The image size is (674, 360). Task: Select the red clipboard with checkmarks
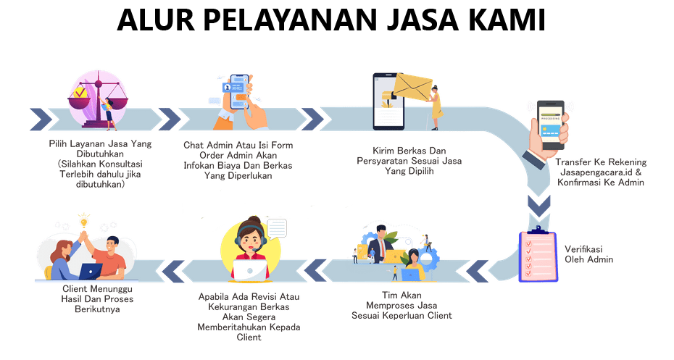538,256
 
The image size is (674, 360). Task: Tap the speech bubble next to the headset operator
278,228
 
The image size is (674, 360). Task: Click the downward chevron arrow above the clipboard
538,206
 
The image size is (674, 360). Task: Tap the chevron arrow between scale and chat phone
168,117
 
